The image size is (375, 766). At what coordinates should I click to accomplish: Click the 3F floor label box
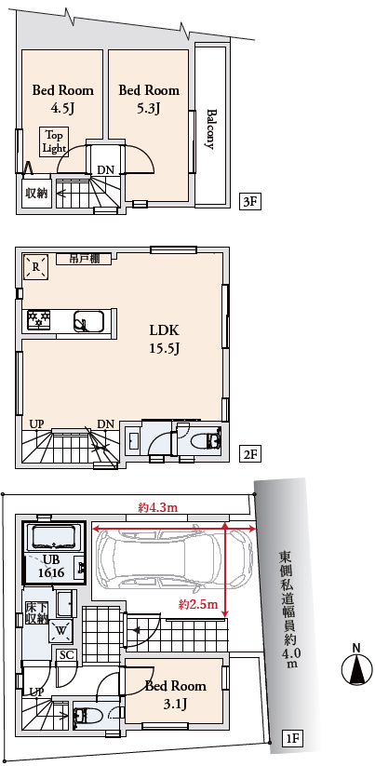(x=249, y=202)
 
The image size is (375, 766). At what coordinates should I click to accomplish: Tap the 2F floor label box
(x=249, y=455)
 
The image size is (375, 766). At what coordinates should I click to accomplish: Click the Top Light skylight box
(x=54, y=141)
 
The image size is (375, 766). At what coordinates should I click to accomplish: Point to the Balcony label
(x=211, y=128)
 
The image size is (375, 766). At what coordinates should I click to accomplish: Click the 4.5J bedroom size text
(x=62, y=108)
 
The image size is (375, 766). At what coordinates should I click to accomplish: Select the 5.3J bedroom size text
(x=149, y=108)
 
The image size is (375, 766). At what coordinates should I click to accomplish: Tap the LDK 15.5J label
(x=164, y=339)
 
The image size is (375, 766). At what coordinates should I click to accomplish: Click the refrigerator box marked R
(x=36, y=267)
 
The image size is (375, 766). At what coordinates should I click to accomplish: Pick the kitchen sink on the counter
(x=89, y=322)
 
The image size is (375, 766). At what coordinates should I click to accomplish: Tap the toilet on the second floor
(x=208, y=441)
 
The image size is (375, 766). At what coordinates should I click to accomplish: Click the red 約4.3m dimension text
(x=157, y=508)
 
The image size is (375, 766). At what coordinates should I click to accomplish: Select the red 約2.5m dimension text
(x=198, y=605)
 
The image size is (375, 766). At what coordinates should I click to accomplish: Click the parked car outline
(x=173, y=560)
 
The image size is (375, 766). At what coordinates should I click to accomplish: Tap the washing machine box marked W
(x=61, y=630)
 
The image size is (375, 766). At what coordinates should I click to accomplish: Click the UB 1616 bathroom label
(x=51, y=567)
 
